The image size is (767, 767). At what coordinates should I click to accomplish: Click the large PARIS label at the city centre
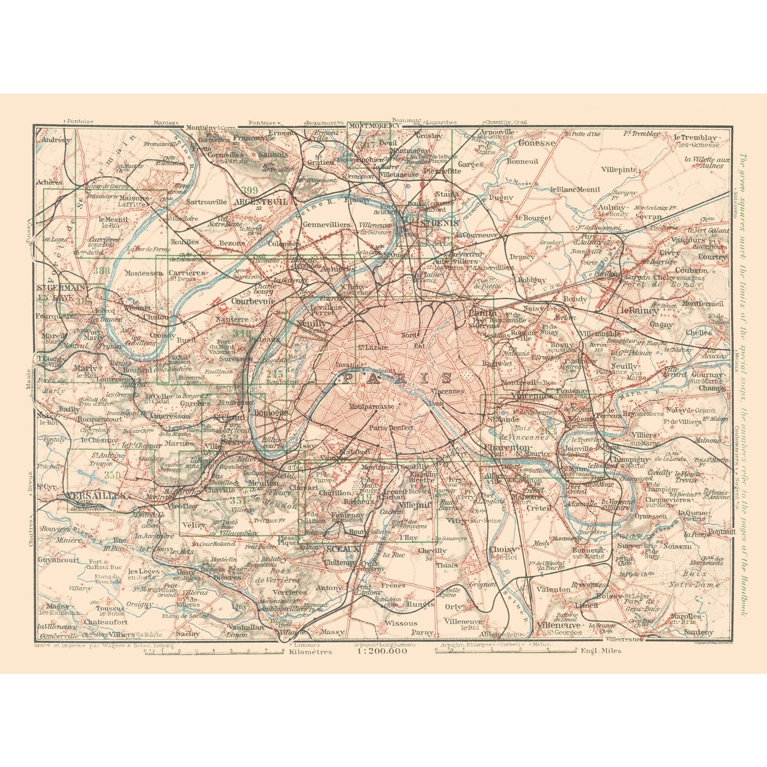(x=397, y=378)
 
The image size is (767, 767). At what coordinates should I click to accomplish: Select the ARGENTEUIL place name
(x=260, y=202)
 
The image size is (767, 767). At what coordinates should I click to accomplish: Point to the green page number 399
(x=248, y=190)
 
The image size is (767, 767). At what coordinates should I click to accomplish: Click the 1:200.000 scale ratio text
(x=382, y=651)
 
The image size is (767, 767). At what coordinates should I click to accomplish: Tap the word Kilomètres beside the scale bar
(x=311, y=651)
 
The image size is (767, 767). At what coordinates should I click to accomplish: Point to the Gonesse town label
(x=537, y=142)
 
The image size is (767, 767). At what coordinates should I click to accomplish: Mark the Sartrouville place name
(x=206, y=202)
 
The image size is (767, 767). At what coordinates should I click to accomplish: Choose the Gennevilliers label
(x=326, y=225)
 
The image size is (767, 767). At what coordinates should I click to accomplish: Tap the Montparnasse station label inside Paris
(x=372, y=407)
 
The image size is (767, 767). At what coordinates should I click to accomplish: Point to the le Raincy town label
(x=639, y=311)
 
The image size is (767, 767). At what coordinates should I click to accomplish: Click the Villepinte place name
(x=619, y=169)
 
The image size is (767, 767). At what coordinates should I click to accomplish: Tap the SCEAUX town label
(x=342, y=548)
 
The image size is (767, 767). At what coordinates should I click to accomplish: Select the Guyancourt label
(x=58, y=559)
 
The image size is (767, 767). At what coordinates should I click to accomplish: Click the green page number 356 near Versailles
(x=113, y=475)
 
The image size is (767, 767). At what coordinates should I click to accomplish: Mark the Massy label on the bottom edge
(x=332, y=632)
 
